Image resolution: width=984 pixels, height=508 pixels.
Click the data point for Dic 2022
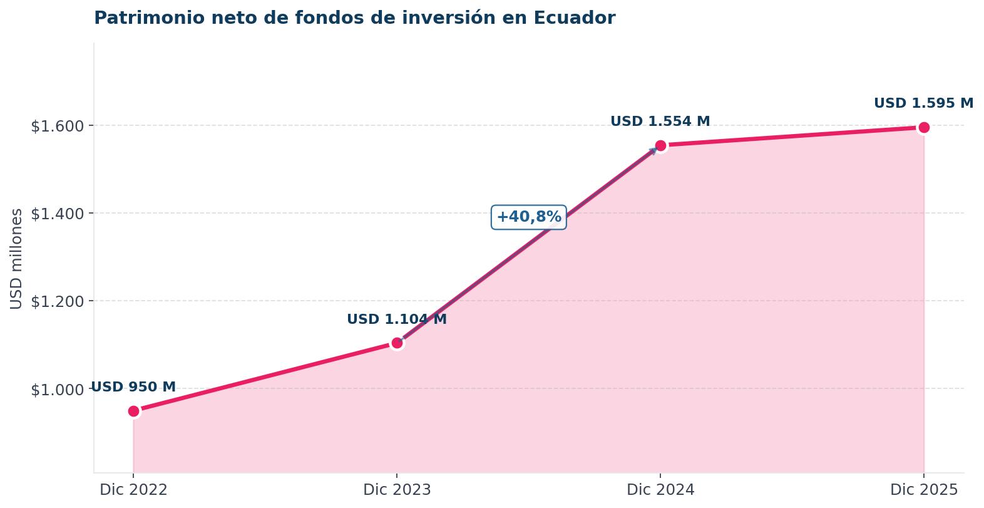coord(133,411)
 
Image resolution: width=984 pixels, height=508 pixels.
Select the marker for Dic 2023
coord(397,343)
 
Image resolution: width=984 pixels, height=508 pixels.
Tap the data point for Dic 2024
coord(660,146)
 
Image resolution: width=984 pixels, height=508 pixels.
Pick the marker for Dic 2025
coord(923,128)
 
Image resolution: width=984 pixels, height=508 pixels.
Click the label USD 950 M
coord(133,387)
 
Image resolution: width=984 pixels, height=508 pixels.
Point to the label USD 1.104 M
coord(397,319)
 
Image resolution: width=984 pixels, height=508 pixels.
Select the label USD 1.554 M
coord(660,122)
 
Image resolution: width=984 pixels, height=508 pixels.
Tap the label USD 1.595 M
coord(923,103)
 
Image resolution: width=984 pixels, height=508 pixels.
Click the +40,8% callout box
coord(529,217)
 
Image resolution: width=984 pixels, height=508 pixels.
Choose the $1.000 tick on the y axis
coord(58,390)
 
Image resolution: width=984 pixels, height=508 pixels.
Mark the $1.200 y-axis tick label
coord(58,302)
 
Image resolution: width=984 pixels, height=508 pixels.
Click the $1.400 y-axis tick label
coord(58,214)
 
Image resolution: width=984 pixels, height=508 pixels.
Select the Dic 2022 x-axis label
coord(133,490)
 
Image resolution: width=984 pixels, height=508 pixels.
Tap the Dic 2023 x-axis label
coord(397,490)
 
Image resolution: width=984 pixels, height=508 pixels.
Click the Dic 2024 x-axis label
coord(660,490)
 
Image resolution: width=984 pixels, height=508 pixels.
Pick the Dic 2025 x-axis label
coord(923,490)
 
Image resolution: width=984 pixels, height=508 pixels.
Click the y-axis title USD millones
coord(17,258)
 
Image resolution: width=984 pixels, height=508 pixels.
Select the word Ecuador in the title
coord(574,18)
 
